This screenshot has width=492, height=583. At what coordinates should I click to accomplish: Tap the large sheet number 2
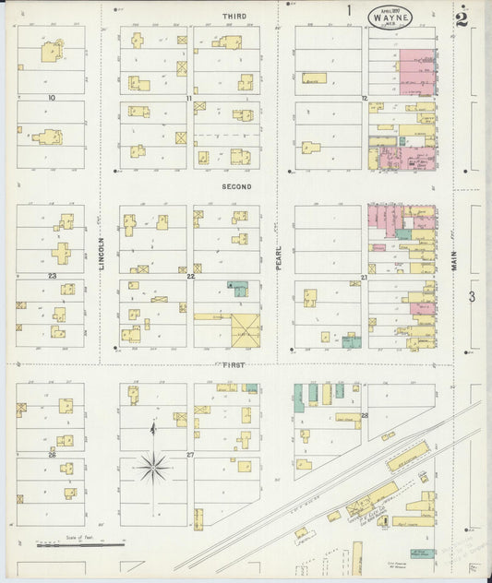pyautogui.click(x=461, y=18)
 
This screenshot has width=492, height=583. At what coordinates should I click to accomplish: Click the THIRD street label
pyautogui.click(x=234, y=17)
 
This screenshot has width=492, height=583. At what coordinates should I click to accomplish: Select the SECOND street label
pyautogui.click(x=235, y=185)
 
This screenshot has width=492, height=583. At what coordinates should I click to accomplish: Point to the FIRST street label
pyautogui.click(x=234, y=364)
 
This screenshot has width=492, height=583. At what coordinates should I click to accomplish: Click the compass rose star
pyautogui.click(x=153, y=467)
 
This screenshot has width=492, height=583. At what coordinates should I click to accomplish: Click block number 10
pyautogui.click(x=52, y=97)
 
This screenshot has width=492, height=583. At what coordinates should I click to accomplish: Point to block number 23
pyautogui.click(x=53, y=276)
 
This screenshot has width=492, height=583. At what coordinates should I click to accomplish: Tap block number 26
pyautogui.click(x=53, y=455)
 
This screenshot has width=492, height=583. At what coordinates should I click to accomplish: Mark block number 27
pyautogui.click(x=190, y=455)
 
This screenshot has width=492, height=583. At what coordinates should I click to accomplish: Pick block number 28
pyautogui.click(x=365, y=415)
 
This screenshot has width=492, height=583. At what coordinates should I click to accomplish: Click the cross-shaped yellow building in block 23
pyautogui.click(x=61, y=253)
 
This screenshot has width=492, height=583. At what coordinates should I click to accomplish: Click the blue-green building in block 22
pyautogui.click(x=238, y=288)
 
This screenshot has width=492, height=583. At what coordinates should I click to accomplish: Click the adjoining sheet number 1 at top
pyautogui.click(x=349, y=11)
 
